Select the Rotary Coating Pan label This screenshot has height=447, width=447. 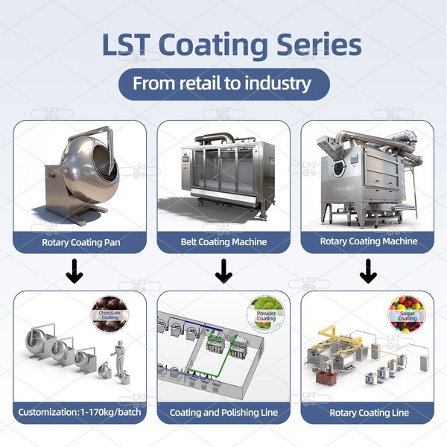click(x=80, y=241)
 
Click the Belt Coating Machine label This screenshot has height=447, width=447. click(x=223, y=241)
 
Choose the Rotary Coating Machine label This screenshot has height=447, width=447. click(x=368, y=241)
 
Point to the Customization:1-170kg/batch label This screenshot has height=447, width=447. click(x=80, y=411)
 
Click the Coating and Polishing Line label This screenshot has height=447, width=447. click(x=223, y=411)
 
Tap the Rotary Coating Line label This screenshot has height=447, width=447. click(x=368, y=411)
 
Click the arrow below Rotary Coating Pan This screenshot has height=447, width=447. click(x=74, y=274)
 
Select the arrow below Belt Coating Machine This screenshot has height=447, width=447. click(x=223, y=274)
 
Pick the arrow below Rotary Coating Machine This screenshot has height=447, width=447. click(x=368, y=274)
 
